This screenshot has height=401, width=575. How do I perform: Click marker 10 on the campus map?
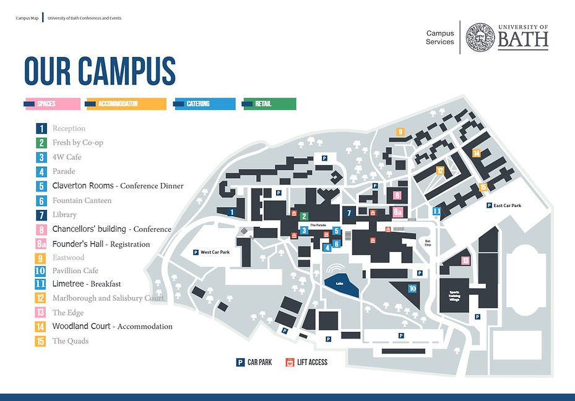point(412,288)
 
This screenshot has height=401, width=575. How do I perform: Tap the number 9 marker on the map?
point(400,132)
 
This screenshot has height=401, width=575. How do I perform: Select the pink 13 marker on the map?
point(465,261)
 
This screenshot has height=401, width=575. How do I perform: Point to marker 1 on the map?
point(231,212)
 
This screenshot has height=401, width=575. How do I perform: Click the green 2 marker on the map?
point(304,216)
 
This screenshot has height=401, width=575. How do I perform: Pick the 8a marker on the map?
point(398,211)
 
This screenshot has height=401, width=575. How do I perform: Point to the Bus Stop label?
point(427,242)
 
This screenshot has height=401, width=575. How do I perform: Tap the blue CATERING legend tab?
point(204,104)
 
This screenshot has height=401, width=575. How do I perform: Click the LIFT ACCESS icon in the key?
point(289,362)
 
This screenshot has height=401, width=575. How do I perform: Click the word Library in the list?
point(64,215)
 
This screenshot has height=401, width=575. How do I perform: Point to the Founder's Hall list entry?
point(100,244)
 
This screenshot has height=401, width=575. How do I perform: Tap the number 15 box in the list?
point(40,341)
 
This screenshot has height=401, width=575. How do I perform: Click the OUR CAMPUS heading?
point(100,71)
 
